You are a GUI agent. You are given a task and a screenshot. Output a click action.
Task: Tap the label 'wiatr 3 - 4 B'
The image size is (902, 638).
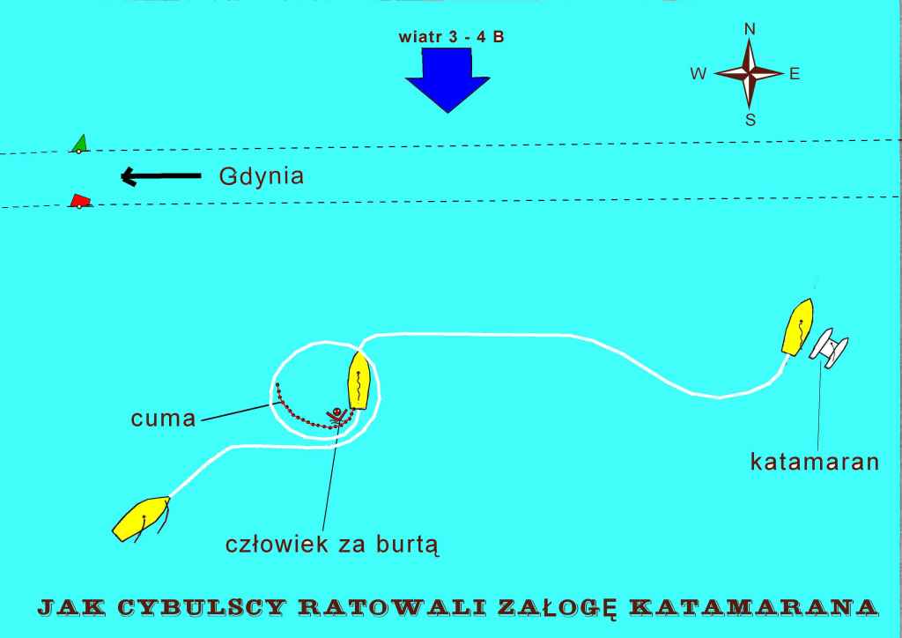coord(451,39)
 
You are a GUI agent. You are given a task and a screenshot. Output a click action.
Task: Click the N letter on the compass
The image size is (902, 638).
coord(750,29)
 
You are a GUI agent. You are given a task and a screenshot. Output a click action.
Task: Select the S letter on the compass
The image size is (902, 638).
coord(750,121)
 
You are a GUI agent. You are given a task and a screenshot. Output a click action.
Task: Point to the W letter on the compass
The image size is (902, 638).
coord(699,75)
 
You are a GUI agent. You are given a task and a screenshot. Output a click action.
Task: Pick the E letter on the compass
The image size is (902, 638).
coord(795,75)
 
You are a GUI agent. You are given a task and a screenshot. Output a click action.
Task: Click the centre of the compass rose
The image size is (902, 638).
coord(750,74)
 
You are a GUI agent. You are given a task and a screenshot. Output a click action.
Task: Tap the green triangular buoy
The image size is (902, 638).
coord(80,144)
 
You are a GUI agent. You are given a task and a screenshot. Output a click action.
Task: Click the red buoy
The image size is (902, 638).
coord(79,202)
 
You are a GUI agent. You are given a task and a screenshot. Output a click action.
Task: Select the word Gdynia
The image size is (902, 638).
coord(261,176)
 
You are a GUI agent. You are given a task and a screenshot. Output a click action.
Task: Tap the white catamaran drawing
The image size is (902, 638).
coord(830,347)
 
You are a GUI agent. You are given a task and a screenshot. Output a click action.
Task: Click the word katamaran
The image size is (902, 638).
coord(814,461)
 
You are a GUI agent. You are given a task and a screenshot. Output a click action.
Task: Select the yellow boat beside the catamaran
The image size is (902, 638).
coord(798,327)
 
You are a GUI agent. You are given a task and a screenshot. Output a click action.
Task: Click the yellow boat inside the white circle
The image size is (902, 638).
coord(359,380)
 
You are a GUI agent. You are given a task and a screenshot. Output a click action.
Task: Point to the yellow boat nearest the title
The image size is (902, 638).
coord(141,517)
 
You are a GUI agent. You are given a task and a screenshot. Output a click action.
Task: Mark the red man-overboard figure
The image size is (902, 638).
coord(336,414)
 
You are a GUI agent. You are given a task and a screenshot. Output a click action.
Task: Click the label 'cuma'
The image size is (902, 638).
coord(163,418)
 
